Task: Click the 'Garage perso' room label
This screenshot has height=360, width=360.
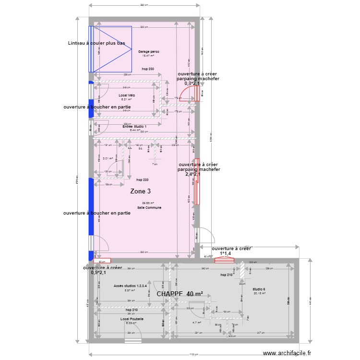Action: (148, 51)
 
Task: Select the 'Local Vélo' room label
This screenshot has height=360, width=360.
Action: (127, 95)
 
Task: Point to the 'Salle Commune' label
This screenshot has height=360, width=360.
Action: (149, 208)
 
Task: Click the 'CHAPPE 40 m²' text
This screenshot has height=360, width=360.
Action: (180, 294)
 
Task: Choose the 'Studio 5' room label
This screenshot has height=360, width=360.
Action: (259, 289)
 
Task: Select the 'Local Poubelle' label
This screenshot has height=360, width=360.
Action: (132, 319)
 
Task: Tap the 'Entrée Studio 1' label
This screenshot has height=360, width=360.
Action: (134, 126)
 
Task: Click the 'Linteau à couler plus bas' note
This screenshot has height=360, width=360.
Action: (96, 43)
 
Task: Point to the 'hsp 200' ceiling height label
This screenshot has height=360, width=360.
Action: (143, 180)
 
